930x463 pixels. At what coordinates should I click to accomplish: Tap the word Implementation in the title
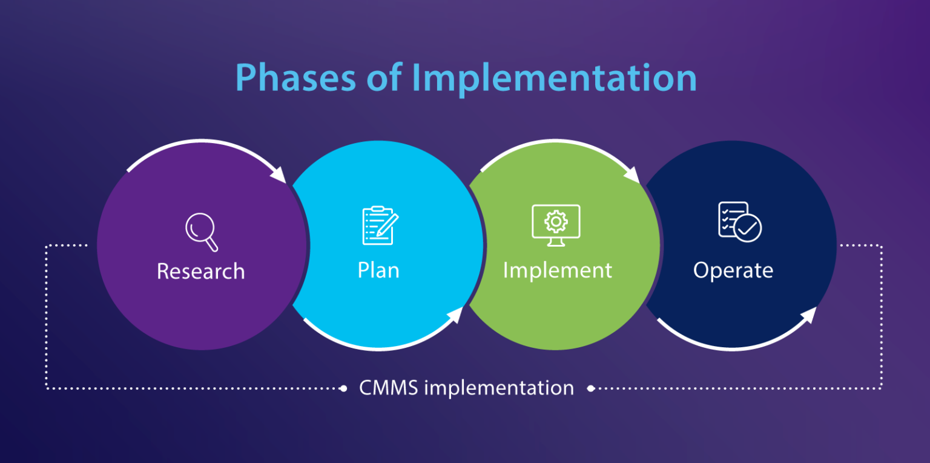pos(554,78)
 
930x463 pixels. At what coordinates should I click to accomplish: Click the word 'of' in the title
pos(386,78)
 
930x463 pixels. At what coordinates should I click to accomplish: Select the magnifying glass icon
pos(201,232)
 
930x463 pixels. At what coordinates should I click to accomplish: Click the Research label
pos(200,271)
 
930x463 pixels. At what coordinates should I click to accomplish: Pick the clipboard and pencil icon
pos(380,225)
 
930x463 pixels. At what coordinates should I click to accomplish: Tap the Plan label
pos(378,270)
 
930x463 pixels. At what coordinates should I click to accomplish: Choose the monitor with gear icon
pos(556,225)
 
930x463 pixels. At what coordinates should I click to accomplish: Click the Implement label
pos(558,270)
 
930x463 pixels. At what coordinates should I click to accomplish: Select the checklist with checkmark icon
pos(739,222)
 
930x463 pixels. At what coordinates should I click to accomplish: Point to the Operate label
pos(733,270)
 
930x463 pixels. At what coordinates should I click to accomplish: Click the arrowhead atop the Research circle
pos(279,173)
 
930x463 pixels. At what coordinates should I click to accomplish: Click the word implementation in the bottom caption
pos(499,388)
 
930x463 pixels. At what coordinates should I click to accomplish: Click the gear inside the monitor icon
pos(556,221)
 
